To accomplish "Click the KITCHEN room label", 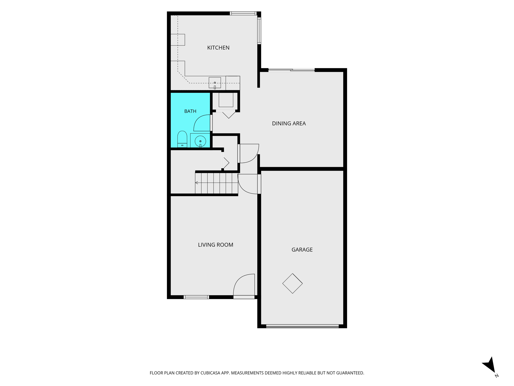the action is pyautogui.click(x=218, y=48).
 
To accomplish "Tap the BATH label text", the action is pyautogui.click(x=190, y=111).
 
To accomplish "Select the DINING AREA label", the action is pyautogui.click(x=289, y=123).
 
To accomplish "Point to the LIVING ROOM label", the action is pyautogui.click(x=216, y=245).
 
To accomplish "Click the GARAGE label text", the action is pyautogui.click(x=302, y=250).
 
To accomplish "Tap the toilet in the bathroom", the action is pyautogui.click(x=182, y=139).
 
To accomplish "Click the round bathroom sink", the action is pyautogui.click(x=200, y=141).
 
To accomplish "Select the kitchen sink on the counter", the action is pyautogui.click(x=215, y=83).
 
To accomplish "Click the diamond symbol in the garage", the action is pyautogui.click(x=292, y=283).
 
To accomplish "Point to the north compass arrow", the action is pyautogui.click(x=489, y=365).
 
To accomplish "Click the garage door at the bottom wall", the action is pyautogui.click(x=302, y=326).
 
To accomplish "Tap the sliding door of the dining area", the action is pyautogui.click(x=291, y=70).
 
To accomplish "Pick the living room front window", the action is pyautogui.click(x=196, y=297).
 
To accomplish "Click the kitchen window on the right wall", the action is pyautogui.click(x=259, y=31).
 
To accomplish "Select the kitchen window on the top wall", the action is pyautogui.click(x=243, y=13).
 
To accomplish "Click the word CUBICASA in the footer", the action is pyautogui.click(x=210, y=373).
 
